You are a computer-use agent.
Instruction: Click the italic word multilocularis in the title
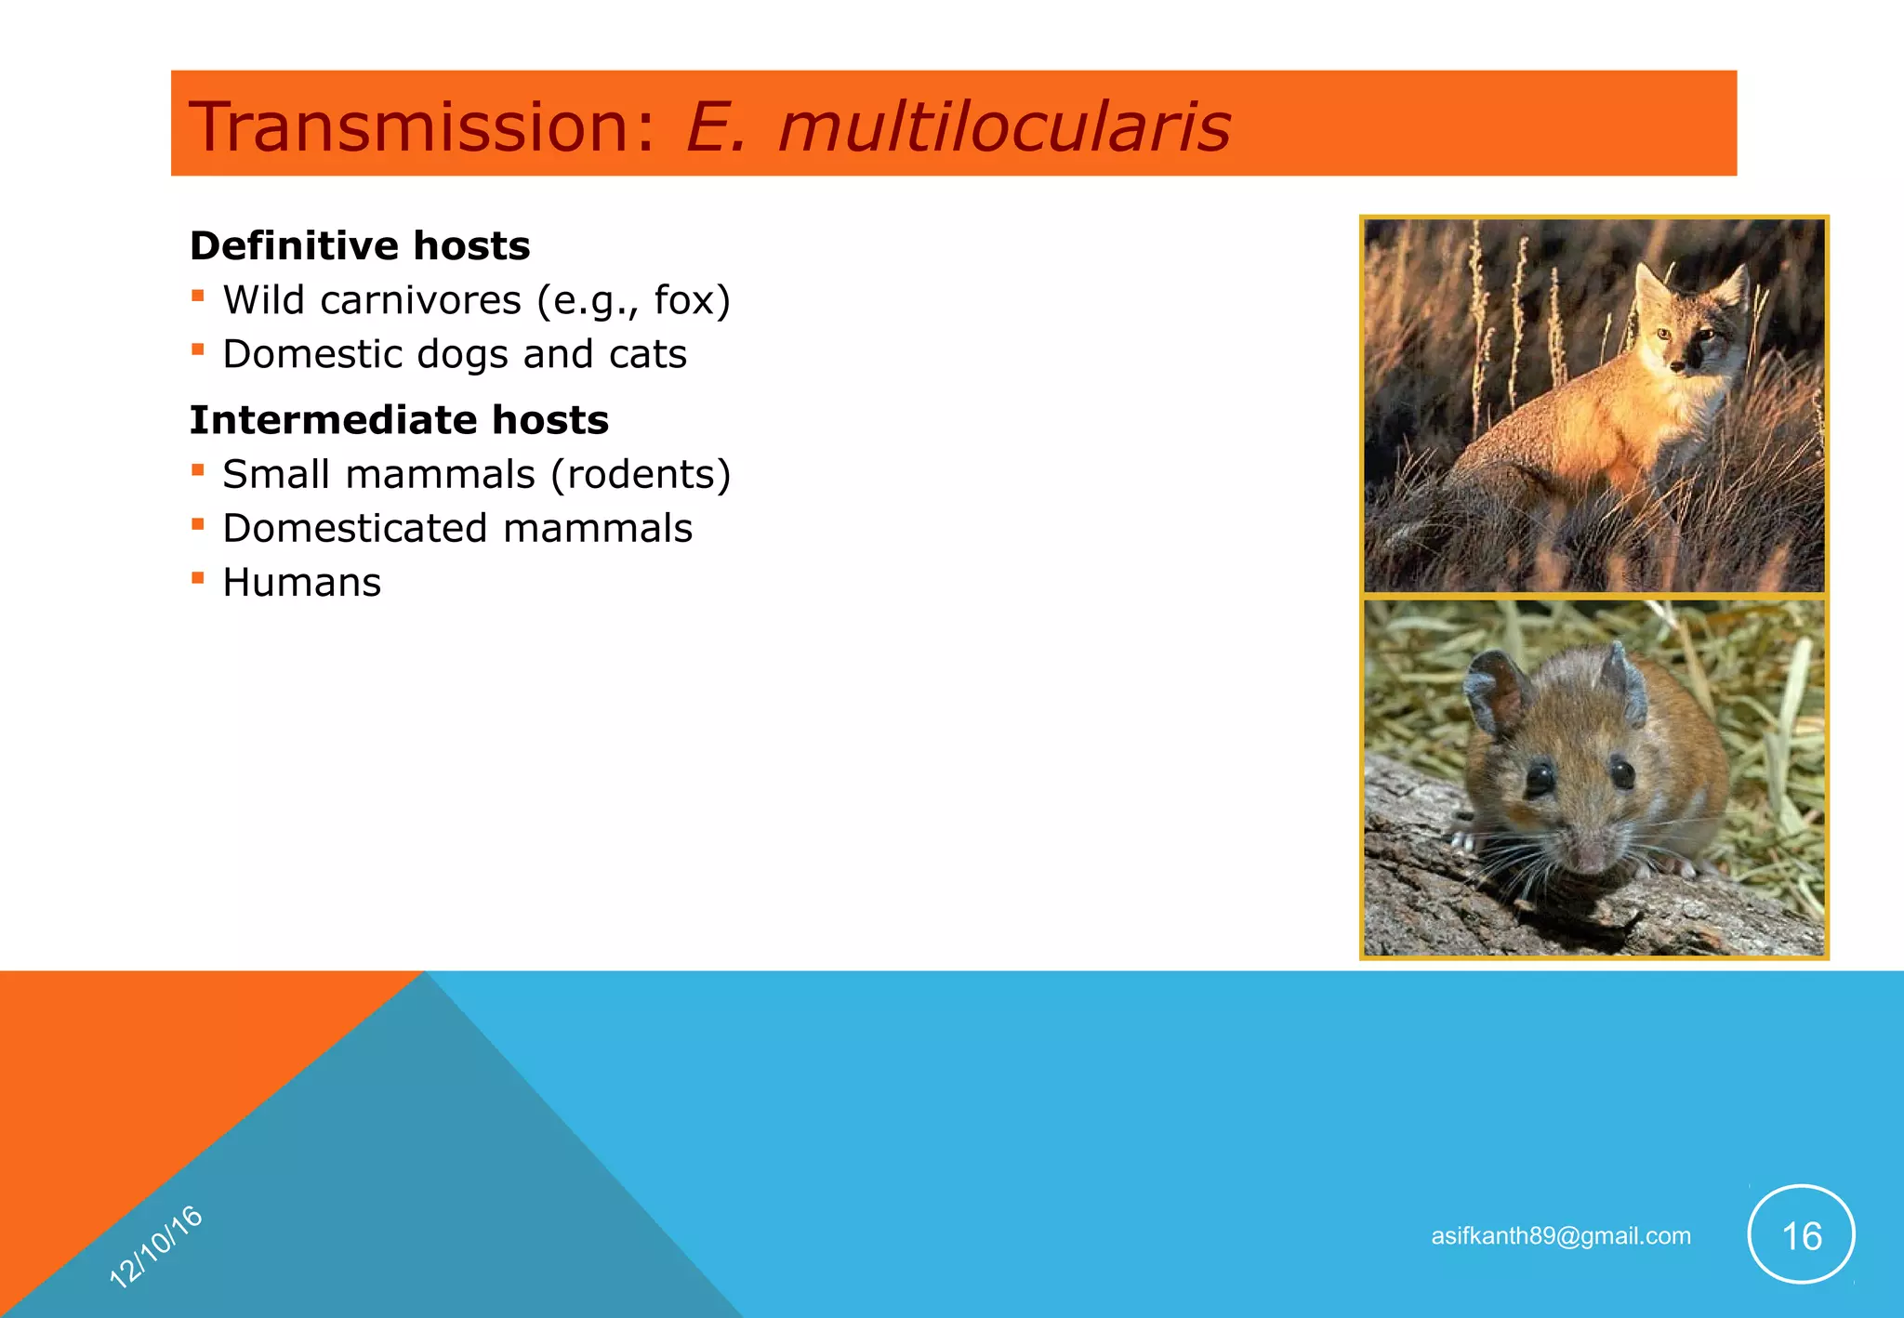1004,126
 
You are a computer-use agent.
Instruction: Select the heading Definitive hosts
360,246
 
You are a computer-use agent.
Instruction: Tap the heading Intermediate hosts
399,420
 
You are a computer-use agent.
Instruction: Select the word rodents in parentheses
641,474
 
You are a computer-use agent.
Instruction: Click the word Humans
302,583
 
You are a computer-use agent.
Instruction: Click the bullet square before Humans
197,577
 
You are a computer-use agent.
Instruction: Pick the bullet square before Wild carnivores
197,296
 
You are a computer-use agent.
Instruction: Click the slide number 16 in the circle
1801,1236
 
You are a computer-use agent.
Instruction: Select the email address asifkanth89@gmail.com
1560,1236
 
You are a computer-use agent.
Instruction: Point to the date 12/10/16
155,1246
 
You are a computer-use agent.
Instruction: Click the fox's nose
1676,367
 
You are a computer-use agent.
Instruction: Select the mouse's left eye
1539,776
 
